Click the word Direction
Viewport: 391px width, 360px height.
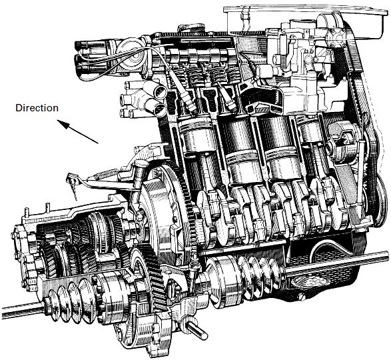[37, 108]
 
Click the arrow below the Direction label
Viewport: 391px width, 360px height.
[78, 132]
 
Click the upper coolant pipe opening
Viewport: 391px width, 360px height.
[161, 92]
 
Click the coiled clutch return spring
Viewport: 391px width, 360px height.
[106, 175]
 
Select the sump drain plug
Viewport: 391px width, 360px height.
[301, 297]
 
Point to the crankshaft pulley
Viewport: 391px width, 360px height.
[380, 197]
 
